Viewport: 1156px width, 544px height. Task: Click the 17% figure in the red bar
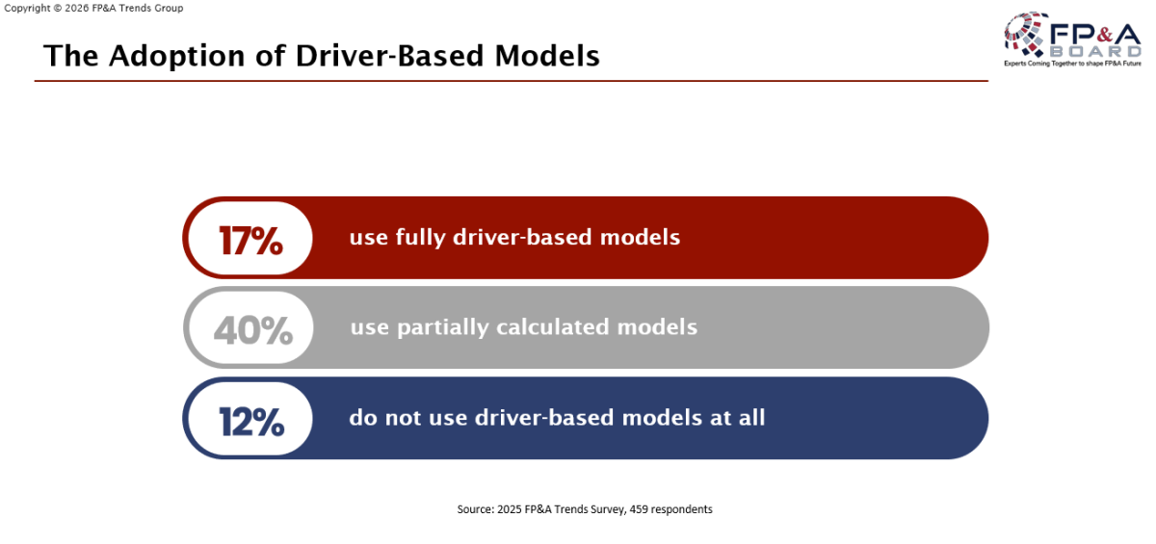point(250,241)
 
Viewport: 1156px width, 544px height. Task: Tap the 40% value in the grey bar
point(252,330)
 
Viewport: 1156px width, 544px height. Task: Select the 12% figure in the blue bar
point(251,422)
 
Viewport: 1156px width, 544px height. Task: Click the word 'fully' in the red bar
point(420,238)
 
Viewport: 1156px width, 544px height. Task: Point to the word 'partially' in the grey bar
point(443,328)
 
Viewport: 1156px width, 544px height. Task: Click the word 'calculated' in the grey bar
point(553,327)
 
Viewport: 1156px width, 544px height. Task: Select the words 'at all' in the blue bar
point(738,417)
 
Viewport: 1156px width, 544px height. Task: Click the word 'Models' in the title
point(547,55)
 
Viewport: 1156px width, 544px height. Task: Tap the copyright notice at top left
point(93,9)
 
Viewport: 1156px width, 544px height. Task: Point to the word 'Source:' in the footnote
point(475,509)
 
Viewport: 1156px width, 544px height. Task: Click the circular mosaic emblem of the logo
point(1025,34)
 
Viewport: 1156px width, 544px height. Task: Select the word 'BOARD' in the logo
point(1096,52)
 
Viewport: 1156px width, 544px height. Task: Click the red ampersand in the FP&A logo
point(1103,35)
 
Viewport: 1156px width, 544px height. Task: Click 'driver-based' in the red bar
point(522,237)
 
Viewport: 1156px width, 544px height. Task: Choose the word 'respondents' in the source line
point(681,510)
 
